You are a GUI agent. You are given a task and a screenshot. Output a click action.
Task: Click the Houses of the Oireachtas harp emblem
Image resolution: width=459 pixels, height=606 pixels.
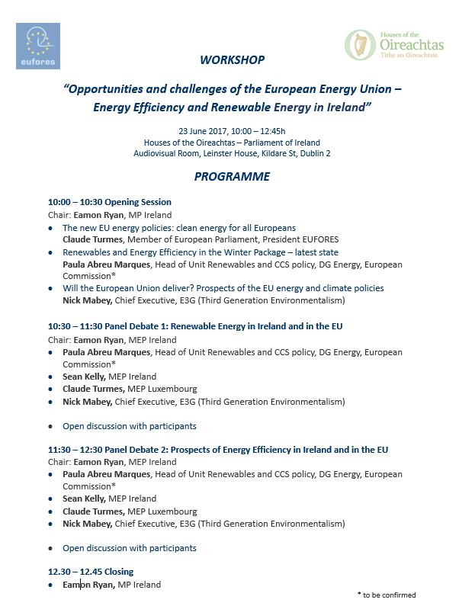tap(357, 44)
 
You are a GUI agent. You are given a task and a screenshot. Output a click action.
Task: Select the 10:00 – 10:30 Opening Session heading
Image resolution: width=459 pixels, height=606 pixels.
tap(109, 202)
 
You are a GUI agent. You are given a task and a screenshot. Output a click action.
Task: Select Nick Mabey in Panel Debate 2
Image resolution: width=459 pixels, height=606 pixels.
tap(87, 524)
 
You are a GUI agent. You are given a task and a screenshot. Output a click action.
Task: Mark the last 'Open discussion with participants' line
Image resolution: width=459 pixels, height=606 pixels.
tap(129, 548)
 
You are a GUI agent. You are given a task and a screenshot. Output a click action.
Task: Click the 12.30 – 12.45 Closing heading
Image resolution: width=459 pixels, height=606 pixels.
tap(90, 572)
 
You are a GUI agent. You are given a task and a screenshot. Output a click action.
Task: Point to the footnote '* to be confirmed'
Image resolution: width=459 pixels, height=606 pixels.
tap(386, 595)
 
